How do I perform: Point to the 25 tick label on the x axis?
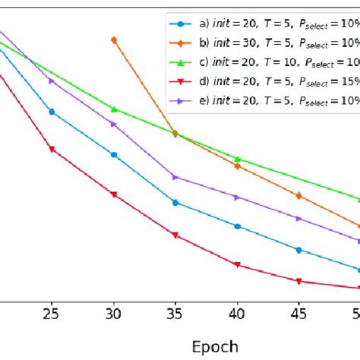point(52,313)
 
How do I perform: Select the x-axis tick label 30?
point(114,313)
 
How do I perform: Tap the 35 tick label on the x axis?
point(175,313)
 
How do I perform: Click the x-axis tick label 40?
point(237,313)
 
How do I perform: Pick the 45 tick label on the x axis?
point(298,313)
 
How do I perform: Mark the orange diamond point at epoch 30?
point(114,39)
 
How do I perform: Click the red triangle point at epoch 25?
point(52,149)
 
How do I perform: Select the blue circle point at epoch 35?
point(175,203)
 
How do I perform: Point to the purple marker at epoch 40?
point(237,197)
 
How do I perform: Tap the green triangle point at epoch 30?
point(114,109)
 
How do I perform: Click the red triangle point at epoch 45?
point(298,281)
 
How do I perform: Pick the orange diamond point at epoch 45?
point(298,195)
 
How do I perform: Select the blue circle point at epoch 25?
point(52,112)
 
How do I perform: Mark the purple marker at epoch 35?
point(175,177)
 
